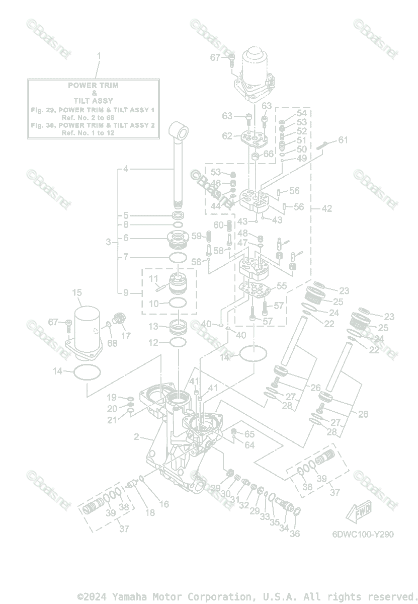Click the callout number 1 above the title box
[x=99, y=55]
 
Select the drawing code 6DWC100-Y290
[x=363, y=535]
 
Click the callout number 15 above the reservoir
[x=77, y=292]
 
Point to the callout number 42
[x=327, y=208]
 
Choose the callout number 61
[x=343, y=140]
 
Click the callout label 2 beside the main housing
[x=136, y=437]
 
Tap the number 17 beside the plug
[x=126, y=336]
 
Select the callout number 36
[x=295, y=533]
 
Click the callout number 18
[x=150, y=512]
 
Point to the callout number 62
[x=227, y=136]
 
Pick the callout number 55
[x=282, y=286]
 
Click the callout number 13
[x=153, y=327]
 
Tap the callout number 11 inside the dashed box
[x=153, y=278]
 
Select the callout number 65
[x=249, y=434]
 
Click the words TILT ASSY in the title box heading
[x=94, y=101]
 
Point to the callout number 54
[x=301, y=113]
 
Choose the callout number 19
[x=111, y=398]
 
